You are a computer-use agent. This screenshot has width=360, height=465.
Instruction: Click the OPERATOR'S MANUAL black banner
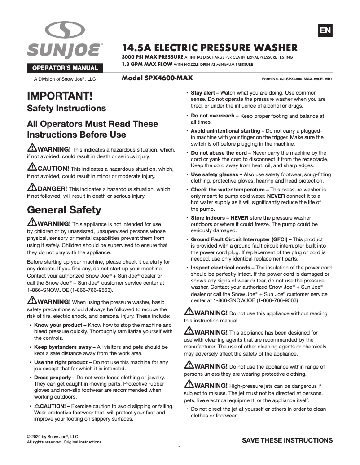(65, 68)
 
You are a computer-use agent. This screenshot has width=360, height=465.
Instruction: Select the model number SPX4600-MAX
(158, 78)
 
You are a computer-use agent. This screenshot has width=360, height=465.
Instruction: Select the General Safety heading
(64, 210)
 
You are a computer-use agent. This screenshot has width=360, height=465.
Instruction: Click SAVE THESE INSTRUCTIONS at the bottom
(287, 440)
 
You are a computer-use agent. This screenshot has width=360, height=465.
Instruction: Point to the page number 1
(180, 448)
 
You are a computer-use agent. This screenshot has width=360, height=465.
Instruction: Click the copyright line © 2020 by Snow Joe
(53, 436)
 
